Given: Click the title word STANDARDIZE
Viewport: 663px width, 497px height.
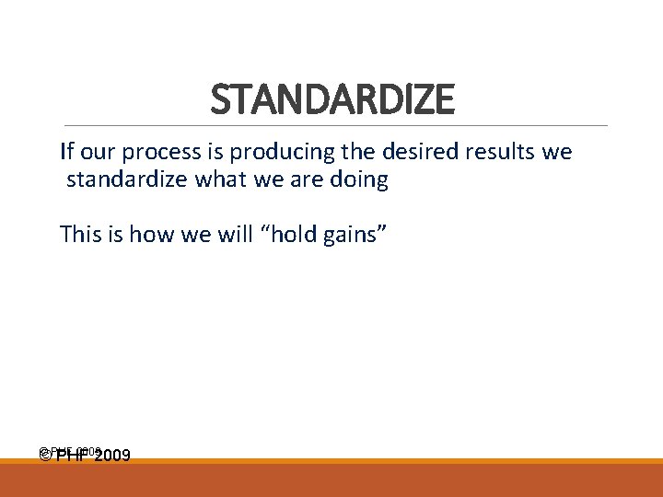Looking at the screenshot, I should [332, 99].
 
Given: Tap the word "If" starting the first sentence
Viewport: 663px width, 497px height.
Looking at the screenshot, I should [66, 151].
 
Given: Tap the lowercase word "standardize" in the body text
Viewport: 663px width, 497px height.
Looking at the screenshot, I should [127, 179].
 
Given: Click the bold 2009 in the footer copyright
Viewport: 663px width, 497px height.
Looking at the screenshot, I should [111, 455].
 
